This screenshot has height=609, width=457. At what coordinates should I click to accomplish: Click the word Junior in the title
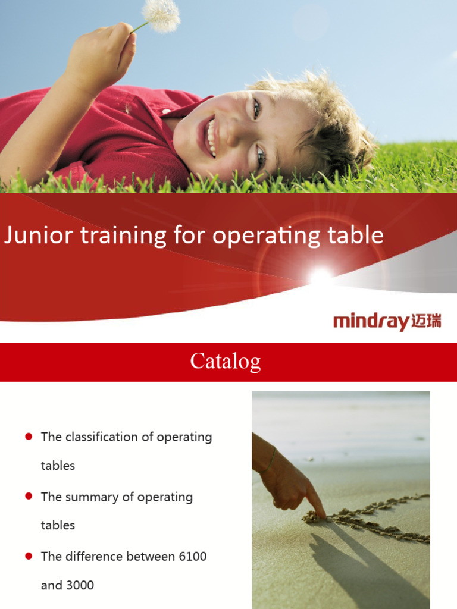pos(34,236)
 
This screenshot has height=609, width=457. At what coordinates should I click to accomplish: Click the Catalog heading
pos(226,361)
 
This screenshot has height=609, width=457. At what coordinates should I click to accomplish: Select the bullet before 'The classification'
pos(29,437)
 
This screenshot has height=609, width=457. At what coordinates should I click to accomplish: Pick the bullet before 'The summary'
pos(29,497)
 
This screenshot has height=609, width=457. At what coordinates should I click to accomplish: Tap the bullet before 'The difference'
pos(29,557)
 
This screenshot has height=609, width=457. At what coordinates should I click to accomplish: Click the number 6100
pos(192,557)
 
